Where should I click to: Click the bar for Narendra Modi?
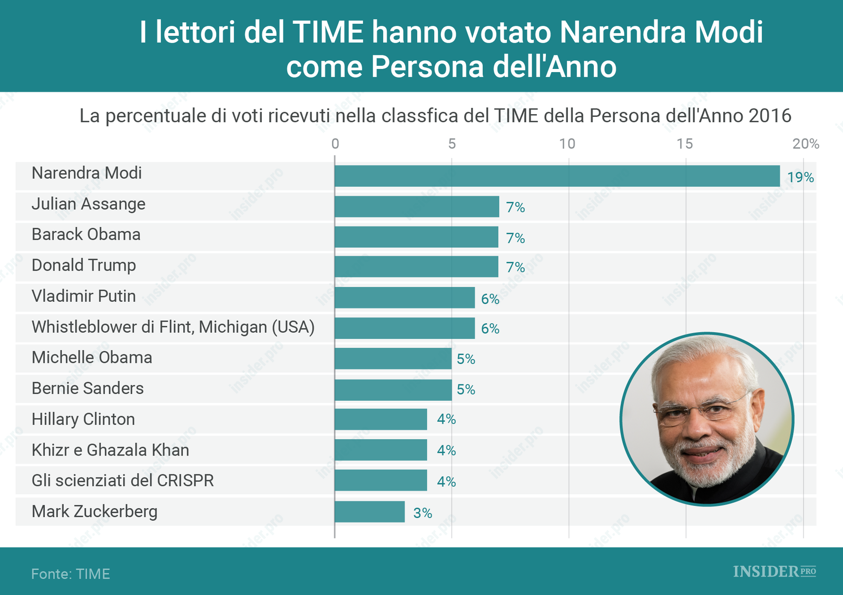click(x=557, y=176)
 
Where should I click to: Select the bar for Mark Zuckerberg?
click(x=369, y=512)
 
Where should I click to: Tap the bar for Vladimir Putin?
click(x=405, y=297)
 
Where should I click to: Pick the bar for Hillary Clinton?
click(x=381, y=420)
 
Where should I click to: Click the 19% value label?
click(x=800, y=177)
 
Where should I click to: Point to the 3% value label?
click(x=423, y=513)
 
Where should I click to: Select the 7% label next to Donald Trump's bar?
click(x=515, y=267)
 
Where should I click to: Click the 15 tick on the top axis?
click(x=684, y=144)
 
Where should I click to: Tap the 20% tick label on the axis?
click(x=806, y=144)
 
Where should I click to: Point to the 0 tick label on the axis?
click(x=335, y=144)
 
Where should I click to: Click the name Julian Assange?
click(x=89, y=204)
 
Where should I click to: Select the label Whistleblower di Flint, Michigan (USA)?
click(x=173, y=327)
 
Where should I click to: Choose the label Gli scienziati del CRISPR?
click(x=123, y=481)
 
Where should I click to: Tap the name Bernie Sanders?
click(x=87, y=389)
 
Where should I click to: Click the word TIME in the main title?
click(x=328, y=32)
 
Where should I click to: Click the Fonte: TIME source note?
click(x=71, y=573)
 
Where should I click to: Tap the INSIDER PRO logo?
click(x=774, y=571)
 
